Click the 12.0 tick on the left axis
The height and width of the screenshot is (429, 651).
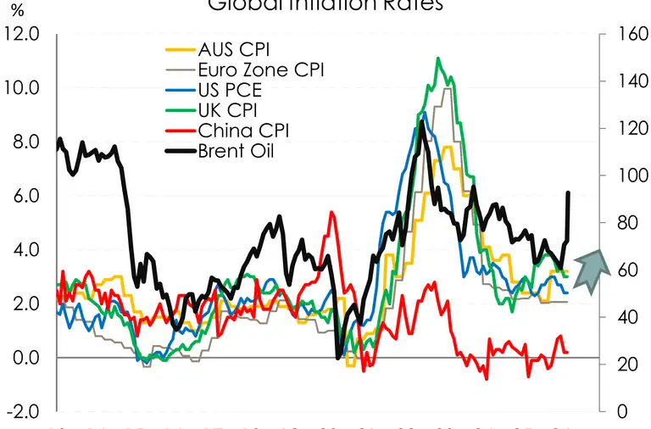click(x=21, y=34)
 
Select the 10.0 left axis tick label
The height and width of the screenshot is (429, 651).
click(x=21, y=88)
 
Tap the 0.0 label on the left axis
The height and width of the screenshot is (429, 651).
click(x=25, y=358)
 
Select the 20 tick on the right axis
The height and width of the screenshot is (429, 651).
click(x=618, y=365)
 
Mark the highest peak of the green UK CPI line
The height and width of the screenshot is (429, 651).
click(x=437, y=58)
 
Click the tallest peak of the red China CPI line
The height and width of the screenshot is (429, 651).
click(x=332, y=212)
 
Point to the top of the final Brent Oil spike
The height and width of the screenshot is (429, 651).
click(x=568, y=193)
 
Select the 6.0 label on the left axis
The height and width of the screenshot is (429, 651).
click(x=25, y=196)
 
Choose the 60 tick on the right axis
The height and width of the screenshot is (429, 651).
click(x=618, y=270)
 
